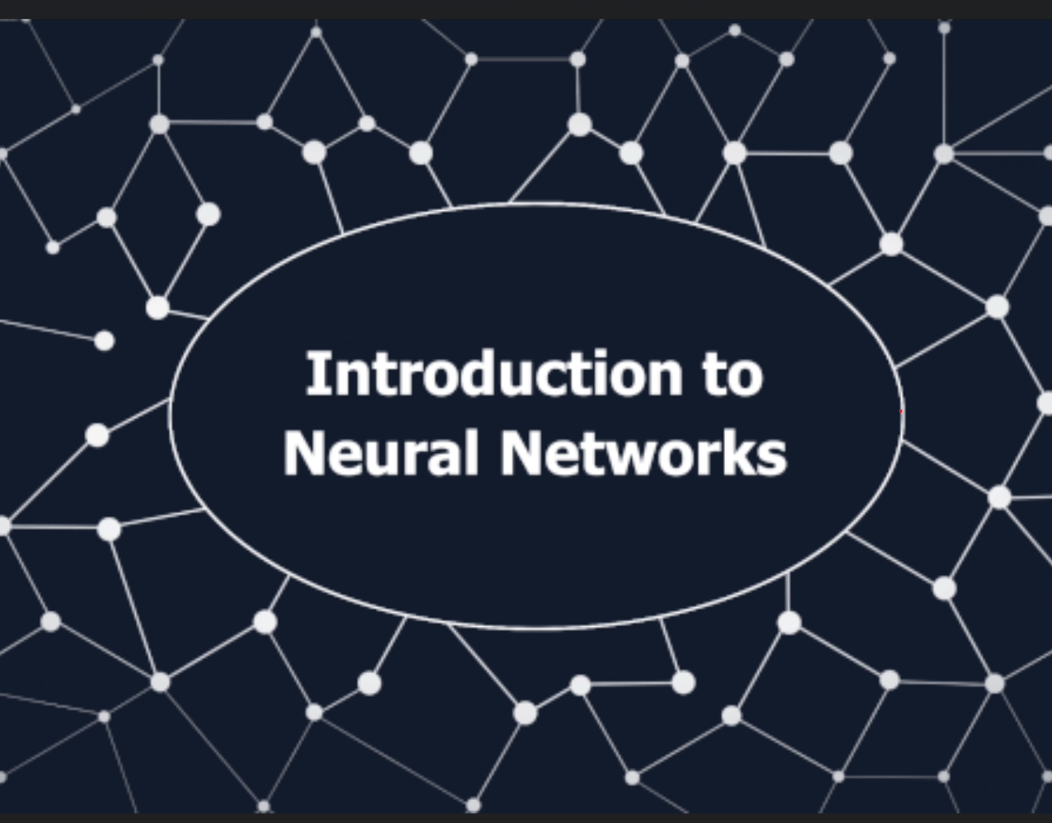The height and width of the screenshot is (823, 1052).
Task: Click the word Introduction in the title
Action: pos(493,375)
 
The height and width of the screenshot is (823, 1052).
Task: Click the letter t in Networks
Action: pos(589,456)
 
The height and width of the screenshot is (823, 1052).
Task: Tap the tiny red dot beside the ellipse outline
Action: pos(900,410)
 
